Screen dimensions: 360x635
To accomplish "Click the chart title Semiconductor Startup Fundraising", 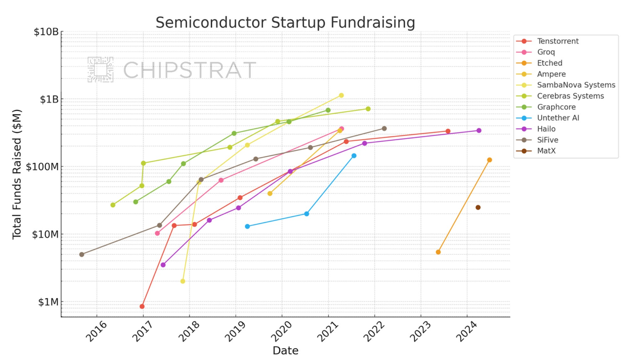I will (285, 23).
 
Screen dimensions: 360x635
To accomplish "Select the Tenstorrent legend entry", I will (557, 41).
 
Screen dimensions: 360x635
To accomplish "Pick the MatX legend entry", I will (546, 151).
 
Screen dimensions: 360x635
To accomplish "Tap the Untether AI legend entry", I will (558, 118).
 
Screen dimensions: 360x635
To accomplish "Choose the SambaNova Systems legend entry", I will (575, 85).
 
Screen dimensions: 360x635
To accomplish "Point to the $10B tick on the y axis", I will (46, 32).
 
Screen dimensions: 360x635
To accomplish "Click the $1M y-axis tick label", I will (48, 302).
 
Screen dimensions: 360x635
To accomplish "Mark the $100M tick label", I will (42, 167).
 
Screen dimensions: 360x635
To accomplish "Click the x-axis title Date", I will (285, 350).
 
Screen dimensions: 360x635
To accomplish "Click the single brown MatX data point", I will (478, 208).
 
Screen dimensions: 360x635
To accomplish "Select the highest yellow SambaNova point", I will (341, 95).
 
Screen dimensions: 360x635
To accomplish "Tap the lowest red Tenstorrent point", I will (142, 306).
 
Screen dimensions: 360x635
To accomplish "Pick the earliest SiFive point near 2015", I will (82, 254).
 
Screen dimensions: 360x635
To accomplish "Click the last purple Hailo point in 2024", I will (479, 131).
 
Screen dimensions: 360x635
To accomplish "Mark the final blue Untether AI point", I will (354, 156).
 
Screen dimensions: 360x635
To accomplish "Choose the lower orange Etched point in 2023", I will (438, 252).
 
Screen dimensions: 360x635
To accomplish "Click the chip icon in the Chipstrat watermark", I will (100, 70).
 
